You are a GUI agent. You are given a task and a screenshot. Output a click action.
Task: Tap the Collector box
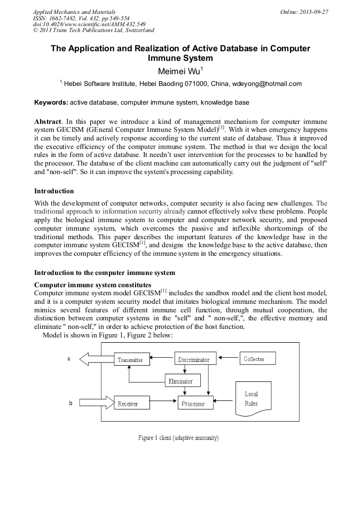(254, 359)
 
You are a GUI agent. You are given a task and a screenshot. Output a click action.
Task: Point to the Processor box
(195, 404)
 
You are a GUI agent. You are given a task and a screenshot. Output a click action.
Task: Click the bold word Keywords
(51, 102)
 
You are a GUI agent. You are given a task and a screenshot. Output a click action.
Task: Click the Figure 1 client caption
(178, 438)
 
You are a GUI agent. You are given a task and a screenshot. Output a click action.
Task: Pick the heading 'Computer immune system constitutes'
(92, 285)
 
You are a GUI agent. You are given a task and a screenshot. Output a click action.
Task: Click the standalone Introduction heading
(54, 191)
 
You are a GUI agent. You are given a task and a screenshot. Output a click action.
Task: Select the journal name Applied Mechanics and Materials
(74, 12)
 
